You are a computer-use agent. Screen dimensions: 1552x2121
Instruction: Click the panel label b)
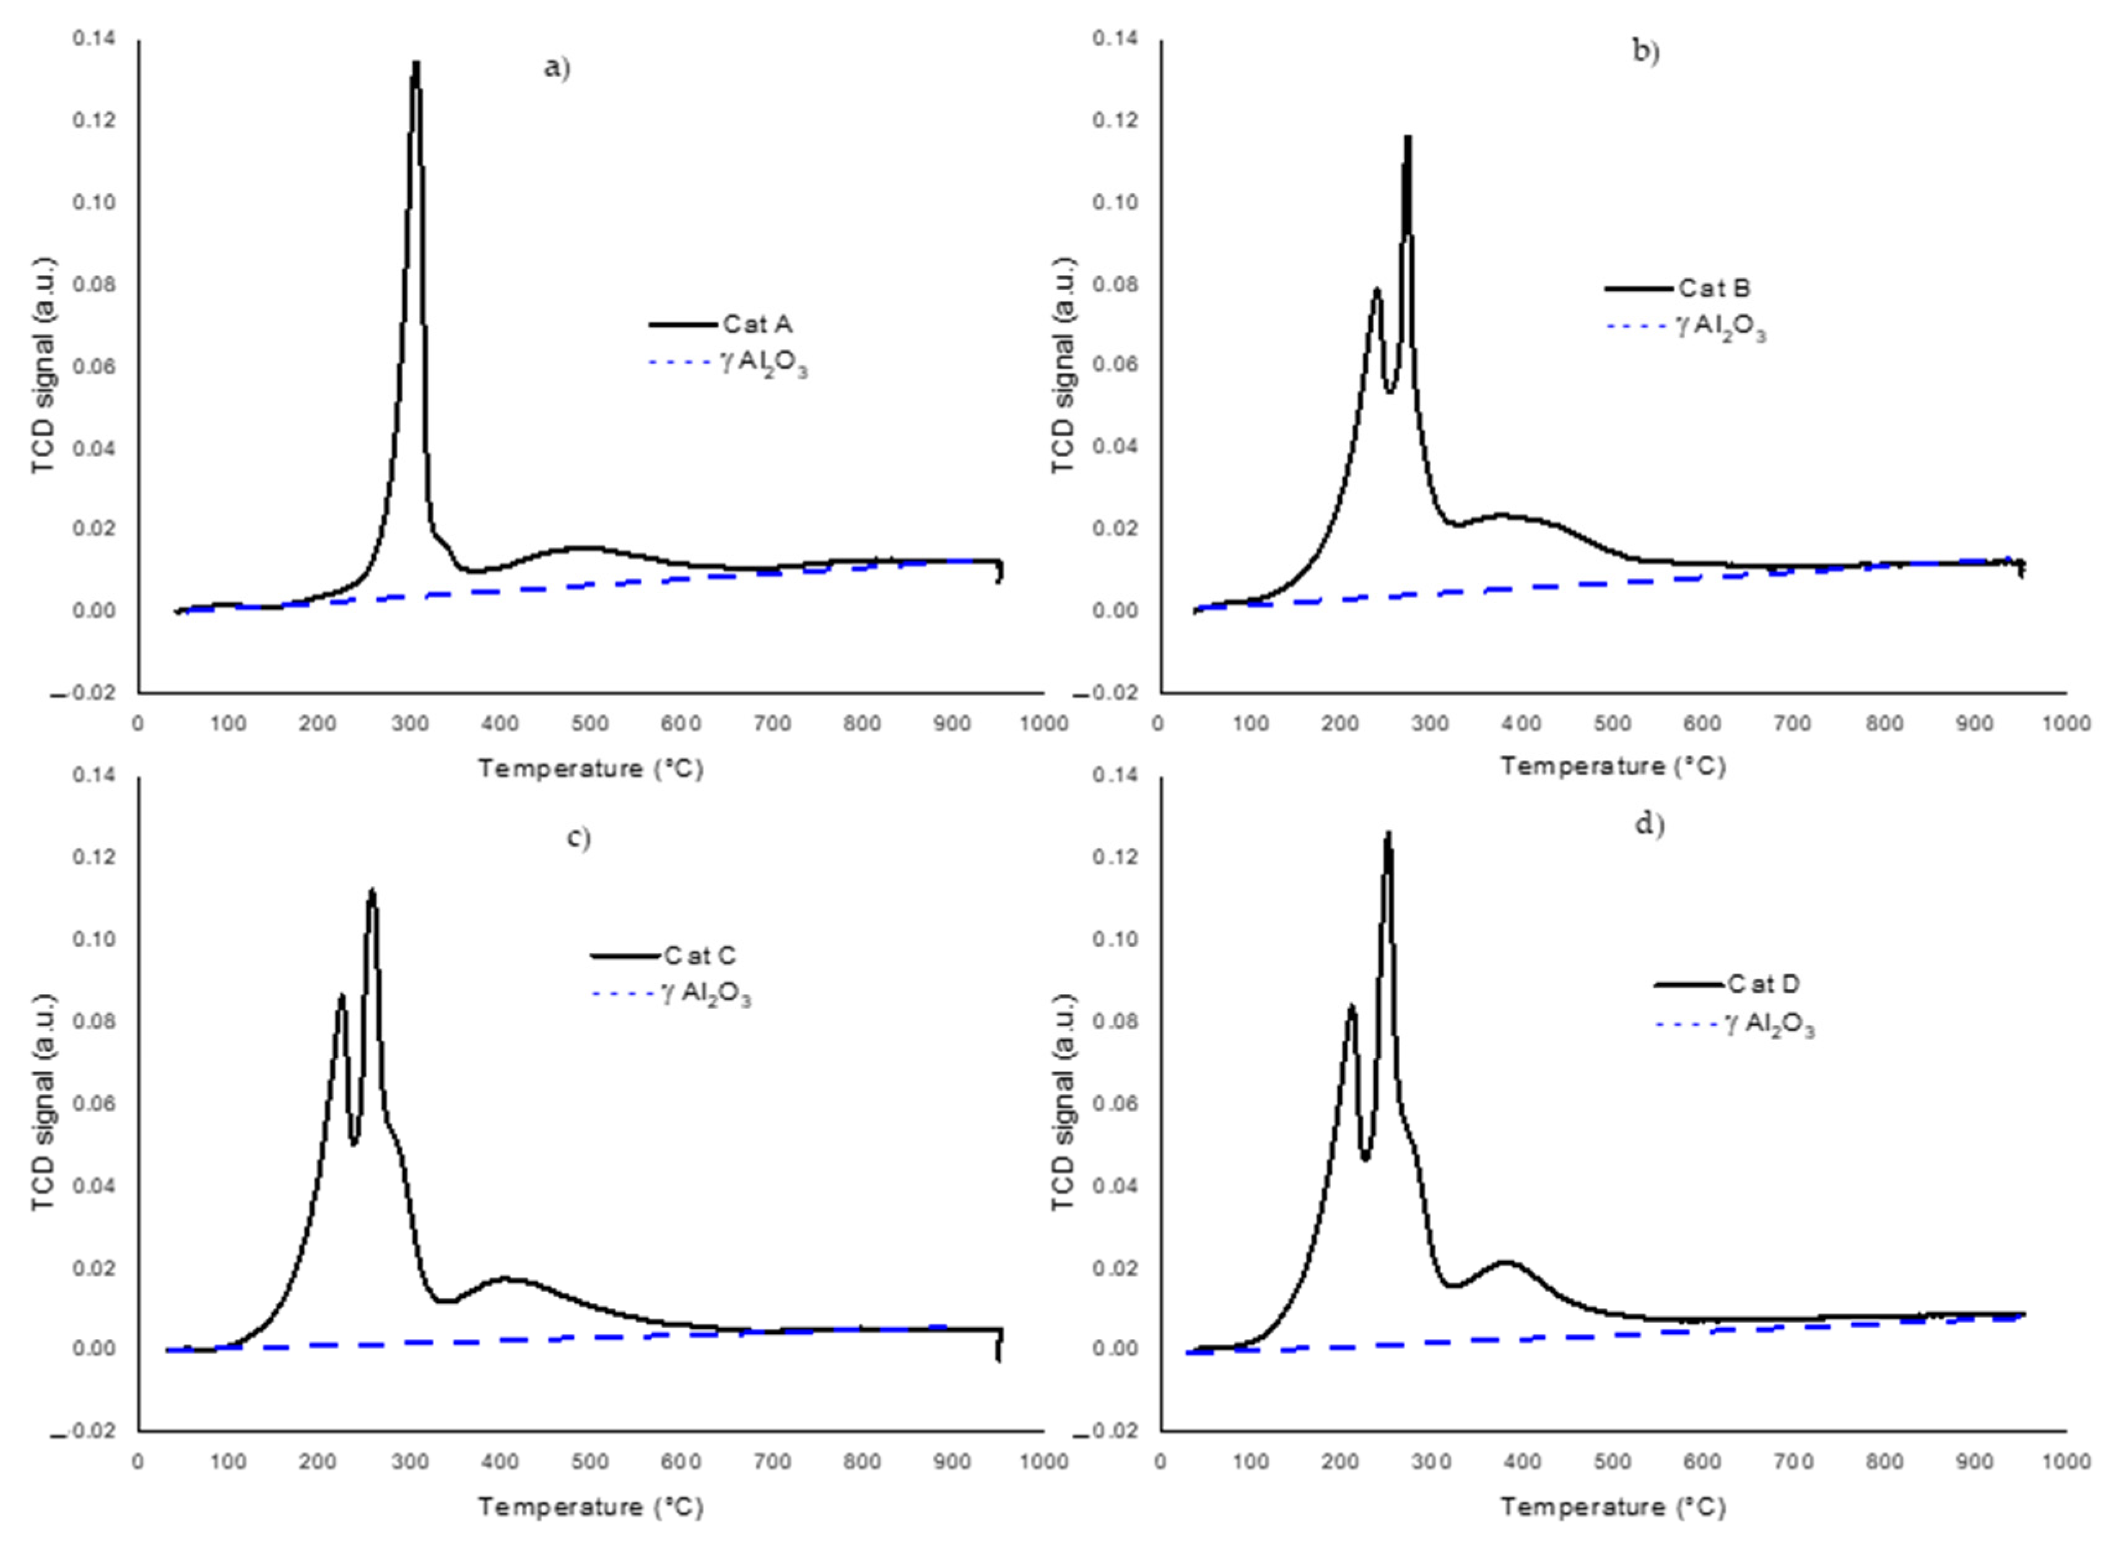point(1645,51)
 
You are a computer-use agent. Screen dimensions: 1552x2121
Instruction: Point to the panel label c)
point(578,837)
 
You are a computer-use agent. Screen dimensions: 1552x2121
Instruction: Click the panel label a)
point(557,68)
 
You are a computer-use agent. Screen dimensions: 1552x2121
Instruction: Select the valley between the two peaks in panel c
point(354,1143)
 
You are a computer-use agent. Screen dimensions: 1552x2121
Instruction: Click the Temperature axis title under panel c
point(590,1507)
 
